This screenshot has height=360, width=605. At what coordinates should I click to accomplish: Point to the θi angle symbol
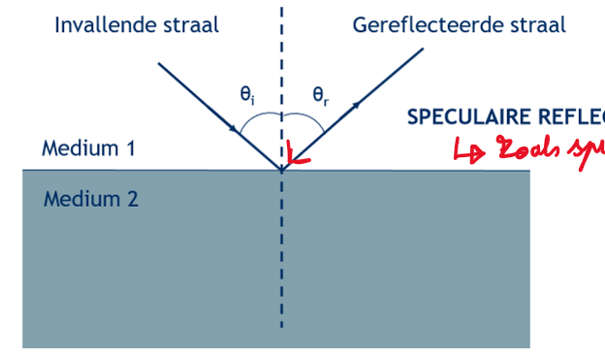pos(248,95)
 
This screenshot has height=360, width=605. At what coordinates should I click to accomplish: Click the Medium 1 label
pos(88,149)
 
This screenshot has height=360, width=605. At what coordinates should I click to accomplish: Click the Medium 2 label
pos(91,200)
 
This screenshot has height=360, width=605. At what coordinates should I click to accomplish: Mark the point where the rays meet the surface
pos(282,170)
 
